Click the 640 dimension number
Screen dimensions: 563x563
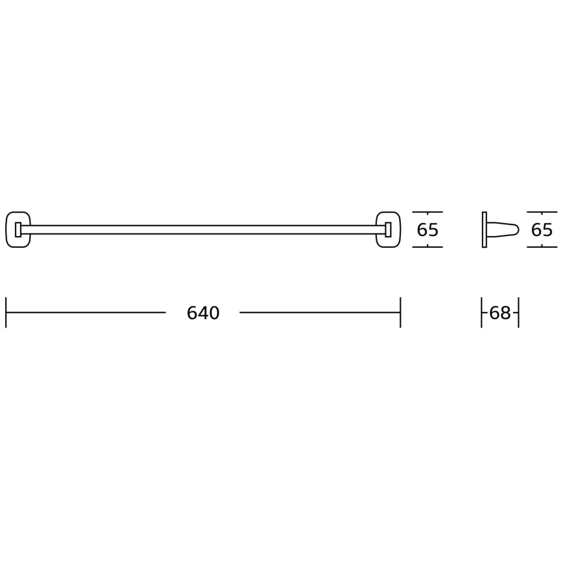[x=203, y=313]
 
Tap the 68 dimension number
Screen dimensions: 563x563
[x=500, y=313]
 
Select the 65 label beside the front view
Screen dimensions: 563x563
[x=427, y=230]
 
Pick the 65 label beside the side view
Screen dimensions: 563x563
[x=542, y=230]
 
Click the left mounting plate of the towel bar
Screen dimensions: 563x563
[x=7, y=230]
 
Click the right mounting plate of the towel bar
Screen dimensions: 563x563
[x=400, y=230]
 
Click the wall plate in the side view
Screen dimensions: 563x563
[x=485, y=230]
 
